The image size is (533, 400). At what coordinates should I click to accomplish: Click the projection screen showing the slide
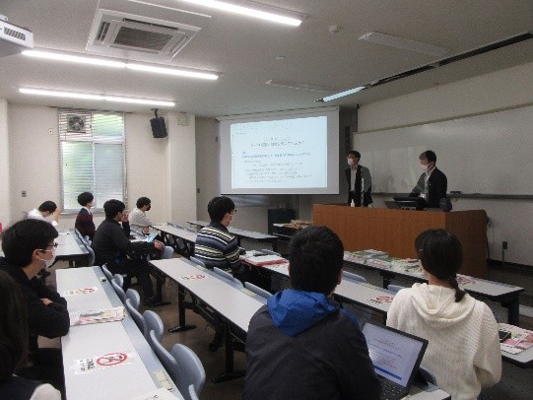(x=279, y=152)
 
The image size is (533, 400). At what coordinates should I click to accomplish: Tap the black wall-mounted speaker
(x=159, y=126)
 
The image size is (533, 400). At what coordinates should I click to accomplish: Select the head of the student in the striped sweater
(x=222, y=210)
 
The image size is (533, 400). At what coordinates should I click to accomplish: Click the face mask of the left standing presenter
(x=351, y=161)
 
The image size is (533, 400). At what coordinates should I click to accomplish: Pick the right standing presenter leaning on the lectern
(x=429, y=182)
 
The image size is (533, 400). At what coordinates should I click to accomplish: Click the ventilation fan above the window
(x=77, y=123)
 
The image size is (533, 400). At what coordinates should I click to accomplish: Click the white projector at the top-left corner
(x=14, y=35)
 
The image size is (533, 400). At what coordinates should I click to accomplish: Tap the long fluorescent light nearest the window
(x=96, y=97)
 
